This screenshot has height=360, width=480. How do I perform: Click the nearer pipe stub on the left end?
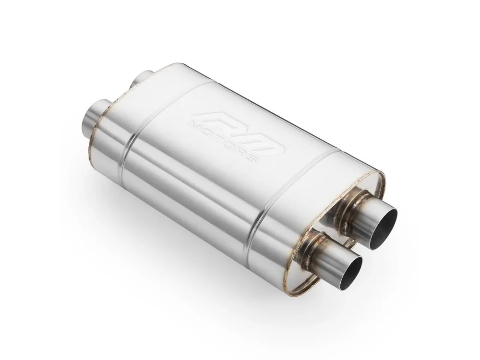94,119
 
